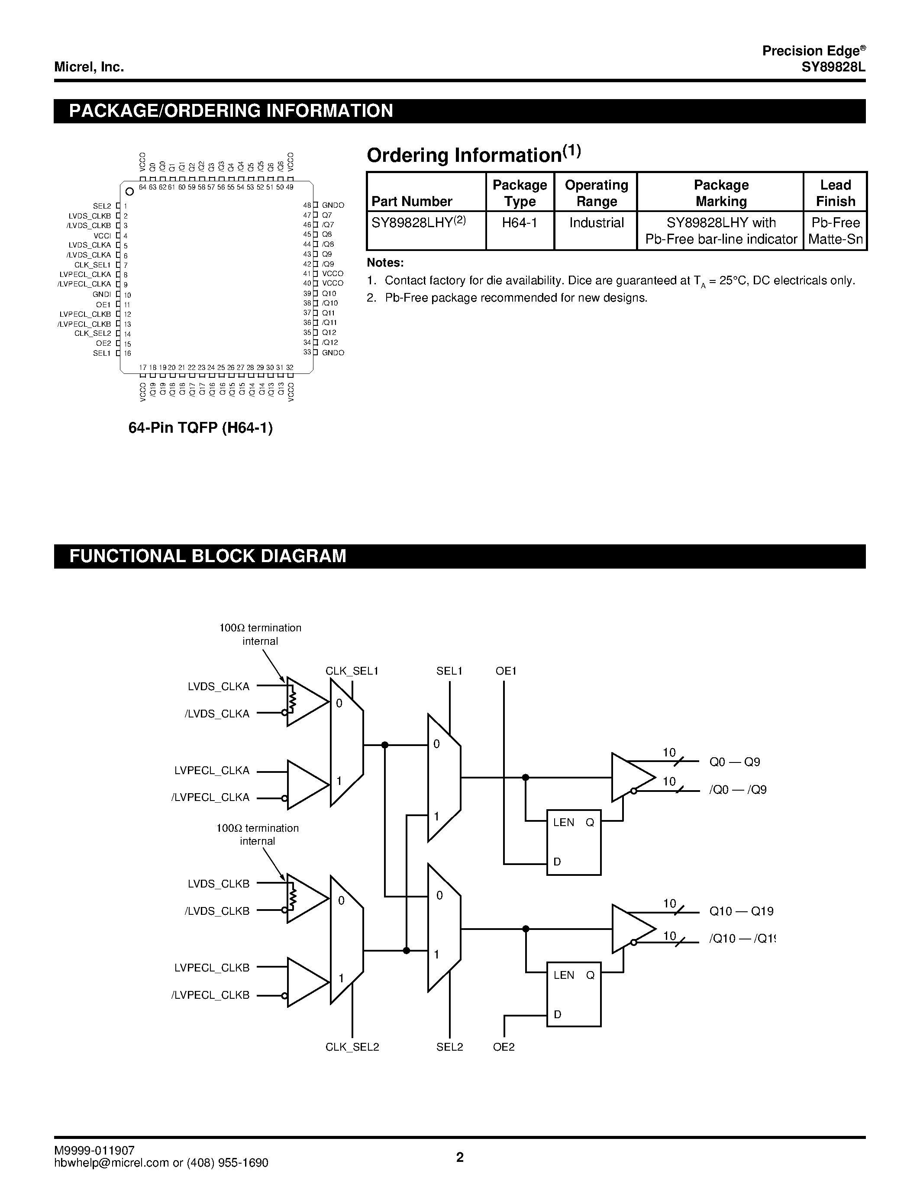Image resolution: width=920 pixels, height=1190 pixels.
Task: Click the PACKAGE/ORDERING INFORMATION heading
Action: (x=231, y=111)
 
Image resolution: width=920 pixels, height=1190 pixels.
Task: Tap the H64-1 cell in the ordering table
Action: (x=520, y=223)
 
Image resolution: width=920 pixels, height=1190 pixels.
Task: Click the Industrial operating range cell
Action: (x=596, y=223)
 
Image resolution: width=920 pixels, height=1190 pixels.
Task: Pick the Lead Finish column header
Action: (x=835, y=193)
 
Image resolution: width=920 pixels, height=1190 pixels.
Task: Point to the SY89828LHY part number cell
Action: (x=419, y=223)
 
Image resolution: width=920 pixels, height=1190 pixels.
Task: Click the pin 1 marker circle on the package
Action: (x=130, y=191)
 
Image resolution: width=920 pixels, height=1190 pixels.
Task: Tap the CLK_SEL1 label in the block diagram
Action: (x=352, y=671)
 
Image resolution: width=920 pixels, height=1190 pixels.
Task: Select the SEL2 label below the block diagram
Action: (x=450, y=1047)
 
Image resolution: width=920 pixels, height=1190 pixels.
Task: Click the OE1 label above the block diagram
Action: (x=506, y=671)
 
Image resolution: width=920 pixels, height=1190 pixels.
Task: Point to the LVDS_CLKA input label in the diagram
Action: (x=219, y=687)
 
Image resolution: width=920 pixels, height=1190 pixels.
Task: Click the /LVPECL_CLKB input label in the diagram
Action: (x=210, y=995)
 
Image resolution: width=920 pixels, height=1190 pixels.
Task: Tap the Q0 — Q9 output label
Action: (x=734, y=762)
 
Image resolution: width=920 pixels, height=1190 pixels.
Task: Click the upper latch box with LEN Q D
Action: (x=573, y=842)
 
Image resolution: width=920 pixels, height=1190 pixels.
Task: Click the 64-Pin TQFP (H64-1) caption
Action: (x=200, y=428)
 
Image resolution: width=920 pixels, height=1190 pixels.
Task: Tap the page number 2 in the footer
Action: (x=459, y=1157)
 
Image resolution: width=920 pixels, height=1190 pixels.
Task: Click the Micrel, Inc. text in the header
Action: (x=89, y=67)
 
